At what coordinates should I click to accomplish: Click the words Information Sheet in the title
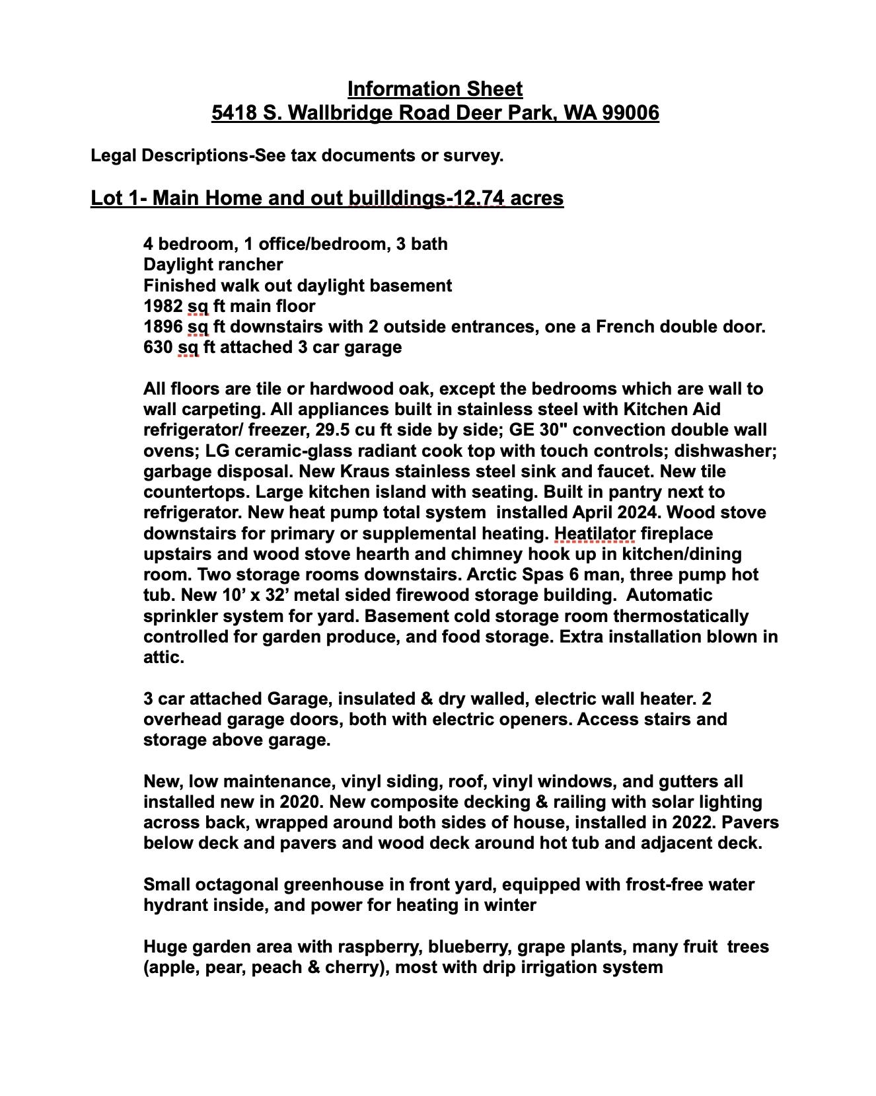point(435,89)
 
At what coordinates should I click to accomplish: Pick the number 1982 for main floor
point(163,306)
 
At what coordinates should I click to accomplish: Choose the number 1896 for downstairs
point(163,327)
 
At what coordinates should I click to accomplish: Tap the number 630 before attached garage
point(158,347)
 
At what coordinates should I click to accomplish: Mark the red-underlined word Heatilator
point(595,533)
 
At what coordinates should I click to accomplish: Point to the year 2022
point(694,822)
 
